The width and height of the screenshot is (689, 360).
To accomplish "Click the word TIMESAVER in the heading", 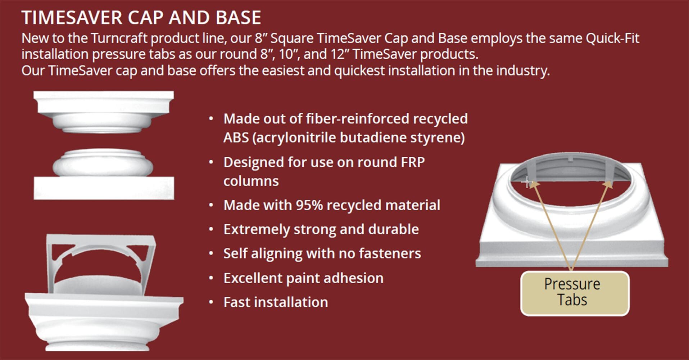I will [72, 18].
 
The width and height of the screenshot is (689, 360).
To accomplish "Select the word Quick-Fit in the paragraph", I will [612, 38].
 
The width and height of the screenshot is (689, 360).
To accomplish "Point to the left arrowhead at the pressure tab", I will [535, 184].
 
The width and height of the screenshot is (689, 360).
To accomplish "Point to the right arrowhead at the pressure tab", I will [608, 184].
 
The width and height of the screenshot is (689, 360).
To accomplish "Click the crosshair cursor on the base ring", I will [527, 182].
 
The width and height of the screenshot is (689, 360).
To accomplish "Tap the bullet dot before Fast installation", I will [211, 302].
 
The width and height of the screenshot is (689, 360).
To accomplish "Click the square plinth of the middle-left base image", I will [104, 188].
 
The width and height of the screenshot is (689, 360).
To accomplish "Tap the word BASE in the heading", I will [238, 18].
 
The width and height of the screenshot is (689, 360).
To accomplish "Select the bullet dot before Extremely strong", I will [211, 230].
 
